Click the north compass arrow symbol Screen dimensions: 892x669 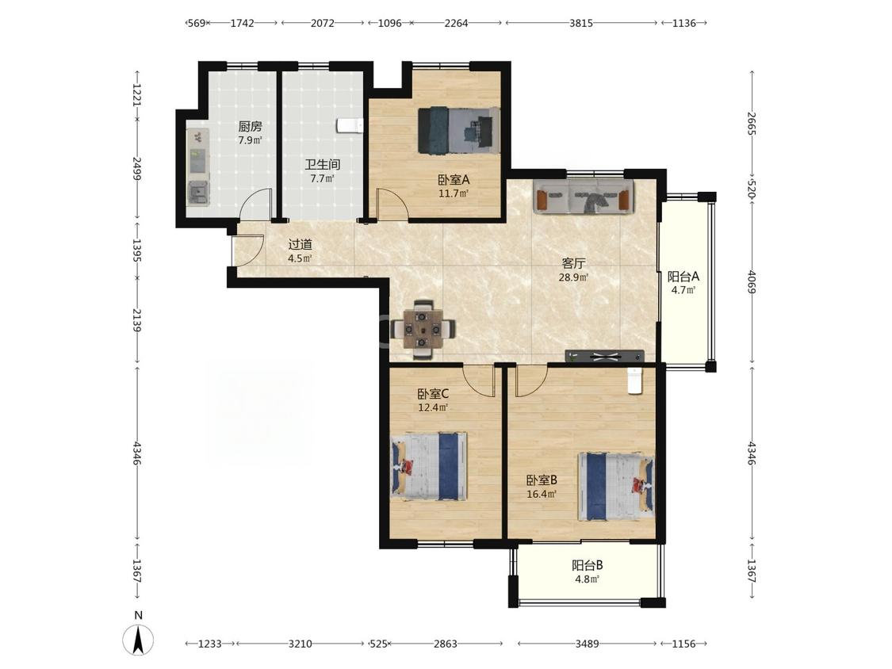tap(138, 640)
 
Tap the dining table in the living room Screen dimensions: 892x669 tap(423, 330)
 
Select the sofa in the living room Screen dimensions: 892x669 tap(584, 197)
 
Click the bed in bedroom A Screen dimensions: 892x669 tap(458, 130)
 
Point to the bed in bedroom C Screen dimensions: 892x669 tap(429, 467)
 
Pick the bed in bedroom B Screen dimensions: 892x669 tap(616, 487)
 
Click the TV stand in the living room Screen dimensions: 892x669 tap(605, 356)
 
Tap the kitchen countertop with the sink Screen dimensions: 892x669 tap(198, 166)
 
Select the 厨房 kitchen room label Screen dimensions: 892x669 tap(251, 126)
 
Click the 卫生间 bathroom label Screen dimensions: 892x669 tap(323, 165)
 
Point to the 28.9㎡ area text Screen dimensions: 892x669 tap(573, 277)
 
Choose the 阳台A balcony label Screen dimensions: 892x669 tap(683, 277)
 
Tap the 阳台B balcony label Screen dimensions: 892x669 tap(587, 565)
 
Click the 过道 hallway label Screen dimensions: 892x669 tap(301, 245)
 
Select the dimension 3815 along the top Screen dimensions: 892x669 tap(581, 23)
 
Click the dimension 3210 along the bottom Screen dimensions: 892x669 tap(300, 644)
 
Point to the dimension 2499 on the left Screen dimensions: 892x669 tap(136, 168)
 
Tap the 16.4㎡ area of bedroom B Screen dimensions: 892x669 tap(541, 494)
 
